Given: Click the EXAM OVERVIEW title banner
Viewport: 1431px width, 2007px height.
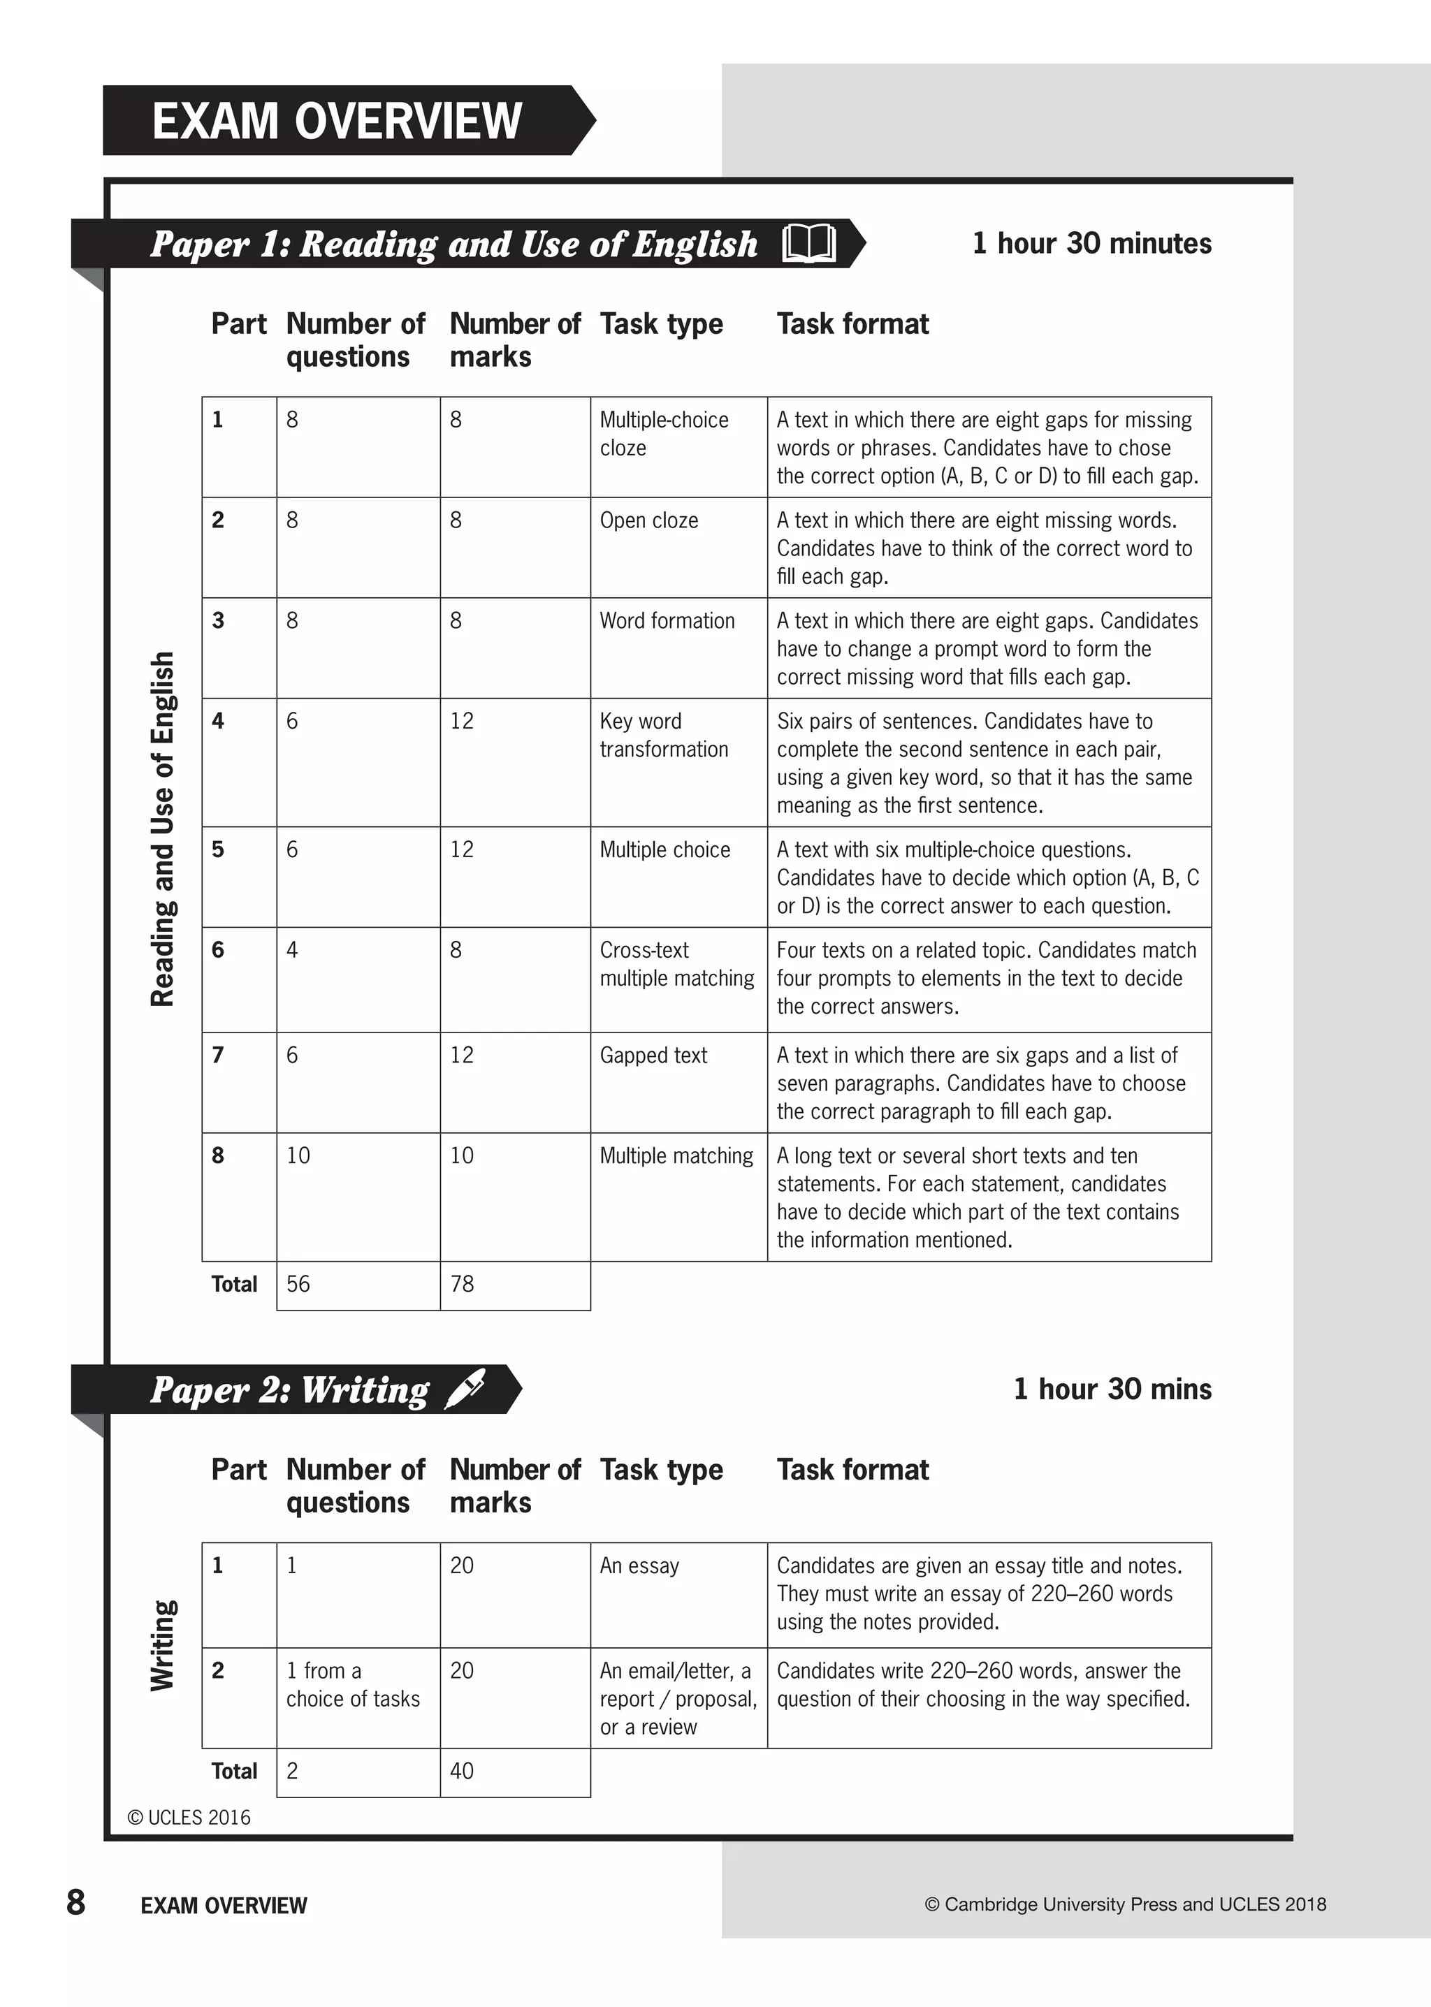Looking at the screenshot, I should click(x=337, y=121).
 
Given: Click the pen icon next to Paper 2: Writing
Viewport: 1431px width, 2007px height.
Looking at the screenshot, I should click(x=465, y=1389).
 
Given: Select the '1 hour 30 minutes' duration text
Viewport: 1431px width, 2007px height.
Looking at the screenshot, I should click(x=1091, y=243).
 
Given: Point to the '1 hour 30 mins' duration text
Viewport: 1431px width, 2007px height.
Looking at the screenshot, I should click(x=1112, y=1389).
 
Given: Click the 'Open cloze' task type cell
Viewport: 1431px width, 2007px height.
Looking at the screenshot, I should click(x=649, y=520).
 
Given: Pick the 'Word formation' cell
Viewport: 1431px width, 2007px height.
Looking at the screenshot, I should click(x=667, y=621).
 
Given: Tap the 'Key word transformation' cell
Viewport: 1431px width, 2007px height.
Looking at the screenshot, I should click(x=664, y=736).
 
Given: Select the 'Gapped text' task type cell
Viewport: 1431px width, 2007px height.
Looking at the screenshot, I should click(x=654, y=1056).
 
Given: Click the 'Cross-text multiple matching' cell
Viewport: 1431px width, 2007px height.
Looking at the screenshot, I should click(x=677, y=964).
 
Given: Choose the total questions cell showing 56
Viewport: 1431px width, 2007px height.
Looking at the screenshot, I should click(x=299, y=1285).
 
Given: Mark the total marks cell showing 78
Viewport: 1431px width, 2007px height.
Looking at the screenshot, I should click(x=463, y=1285).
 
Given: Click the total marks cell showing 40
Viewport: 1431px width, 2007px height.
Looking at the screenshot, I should click(x=463, y=1772).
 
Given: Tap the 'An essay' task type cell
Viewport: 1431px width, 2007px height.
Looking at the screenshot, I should click(x=640, y=1566).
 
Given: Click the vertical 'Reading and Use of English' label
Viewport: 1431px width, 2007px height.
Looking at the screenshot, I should click(x=163, y=829).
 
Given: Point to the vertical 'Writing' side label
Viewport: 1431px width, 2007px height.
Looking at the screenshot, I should click(x=163, y=1645).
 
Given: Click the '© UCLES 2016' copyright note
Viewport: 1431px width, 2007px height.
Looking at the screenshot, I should click(x=189, y=1818).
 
